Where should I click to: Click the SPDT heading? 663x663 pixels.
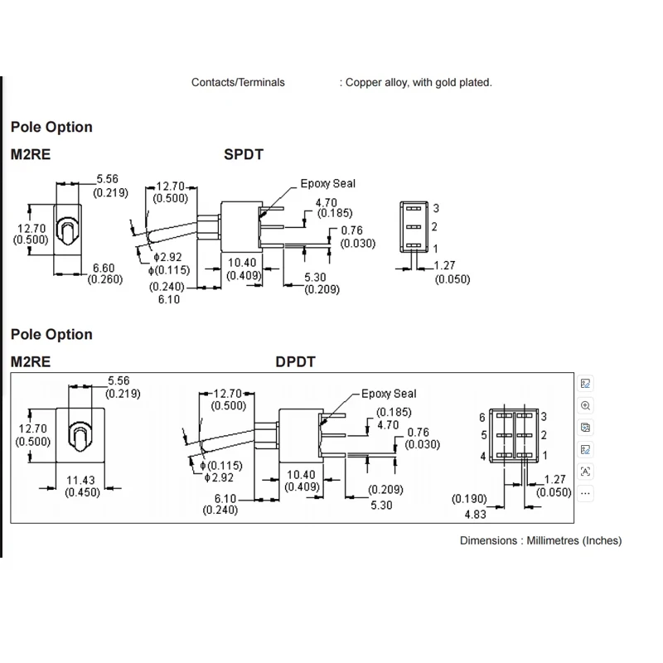(x=244, y=154)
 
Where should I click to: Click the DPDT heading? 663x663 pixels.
(x=295, y=362)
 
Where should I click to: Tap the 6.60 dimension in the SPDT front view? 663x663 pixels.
(x=104, y=268)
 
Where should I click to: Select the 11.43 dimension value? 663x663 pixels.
(x=80, y=481)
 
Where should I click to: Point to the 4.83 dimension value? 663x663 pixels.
(x=475, y=515)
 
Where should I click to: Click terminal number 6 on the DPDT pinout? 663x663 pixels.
(x=482, y=418)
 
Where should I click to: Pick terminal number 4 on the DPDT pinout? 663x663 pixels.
(x=483, y=457)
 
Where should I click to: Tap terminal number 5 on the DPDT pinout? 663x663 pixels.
(x=484, y=435)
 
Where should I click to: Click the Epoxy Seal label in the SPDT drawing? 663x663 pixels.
(x=327, y=184)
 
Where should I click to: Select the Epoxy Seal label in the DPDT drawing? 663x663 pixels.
(x=389, y=394)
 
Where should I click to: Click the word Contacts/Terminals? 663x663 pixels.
(x=238, y=82)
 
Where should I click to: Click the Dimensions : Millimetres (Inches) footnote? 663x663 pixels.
(x=541, y=541)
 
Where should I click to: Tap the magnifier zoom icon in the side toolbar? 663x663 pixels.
(x=586, y=406)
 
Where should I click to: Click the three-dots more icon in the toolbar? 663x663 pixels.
(x=586, y=493)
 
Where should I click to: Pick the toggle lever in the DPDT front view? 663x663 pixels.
(x=80, y=437)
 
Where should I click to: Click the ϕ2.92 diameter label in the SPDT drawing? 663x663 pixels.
(x=167, y=257)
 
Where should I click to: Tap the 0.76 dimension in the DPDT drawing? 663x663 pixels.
(x=419, y=432)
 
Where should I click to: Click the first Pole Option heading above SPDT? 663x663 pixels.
(x=51, y=128)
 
